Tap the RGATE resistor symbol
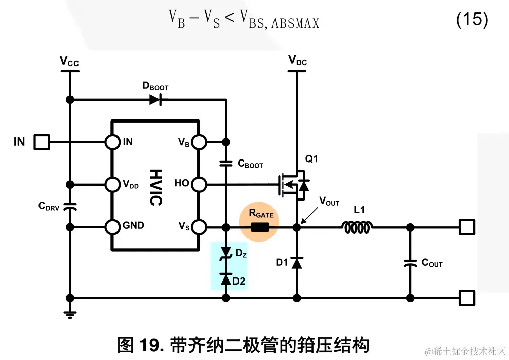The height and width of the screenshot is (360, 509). click(x=260, y=227)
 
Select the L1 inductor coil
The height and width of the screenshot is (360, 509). click(x=359, y=228)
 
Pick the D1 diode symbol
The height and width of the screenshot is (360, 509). click(x=297, y=262)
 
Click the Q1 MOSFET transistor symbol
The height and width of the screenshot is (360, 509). click(x=293, y=184)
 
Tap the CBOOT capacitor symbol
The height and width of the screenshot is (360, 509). click(x=226, y=163)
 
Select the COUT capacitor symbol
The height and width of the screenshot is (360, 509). click(x=410, y=263)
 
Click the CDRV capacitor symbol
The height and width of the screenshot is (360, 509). click(x=71, y=206)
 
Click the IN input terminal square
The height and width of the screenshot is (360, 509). click(x=42, y=142)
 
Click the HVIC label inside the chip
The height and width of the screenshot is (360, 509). click(x=155, y=187)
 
